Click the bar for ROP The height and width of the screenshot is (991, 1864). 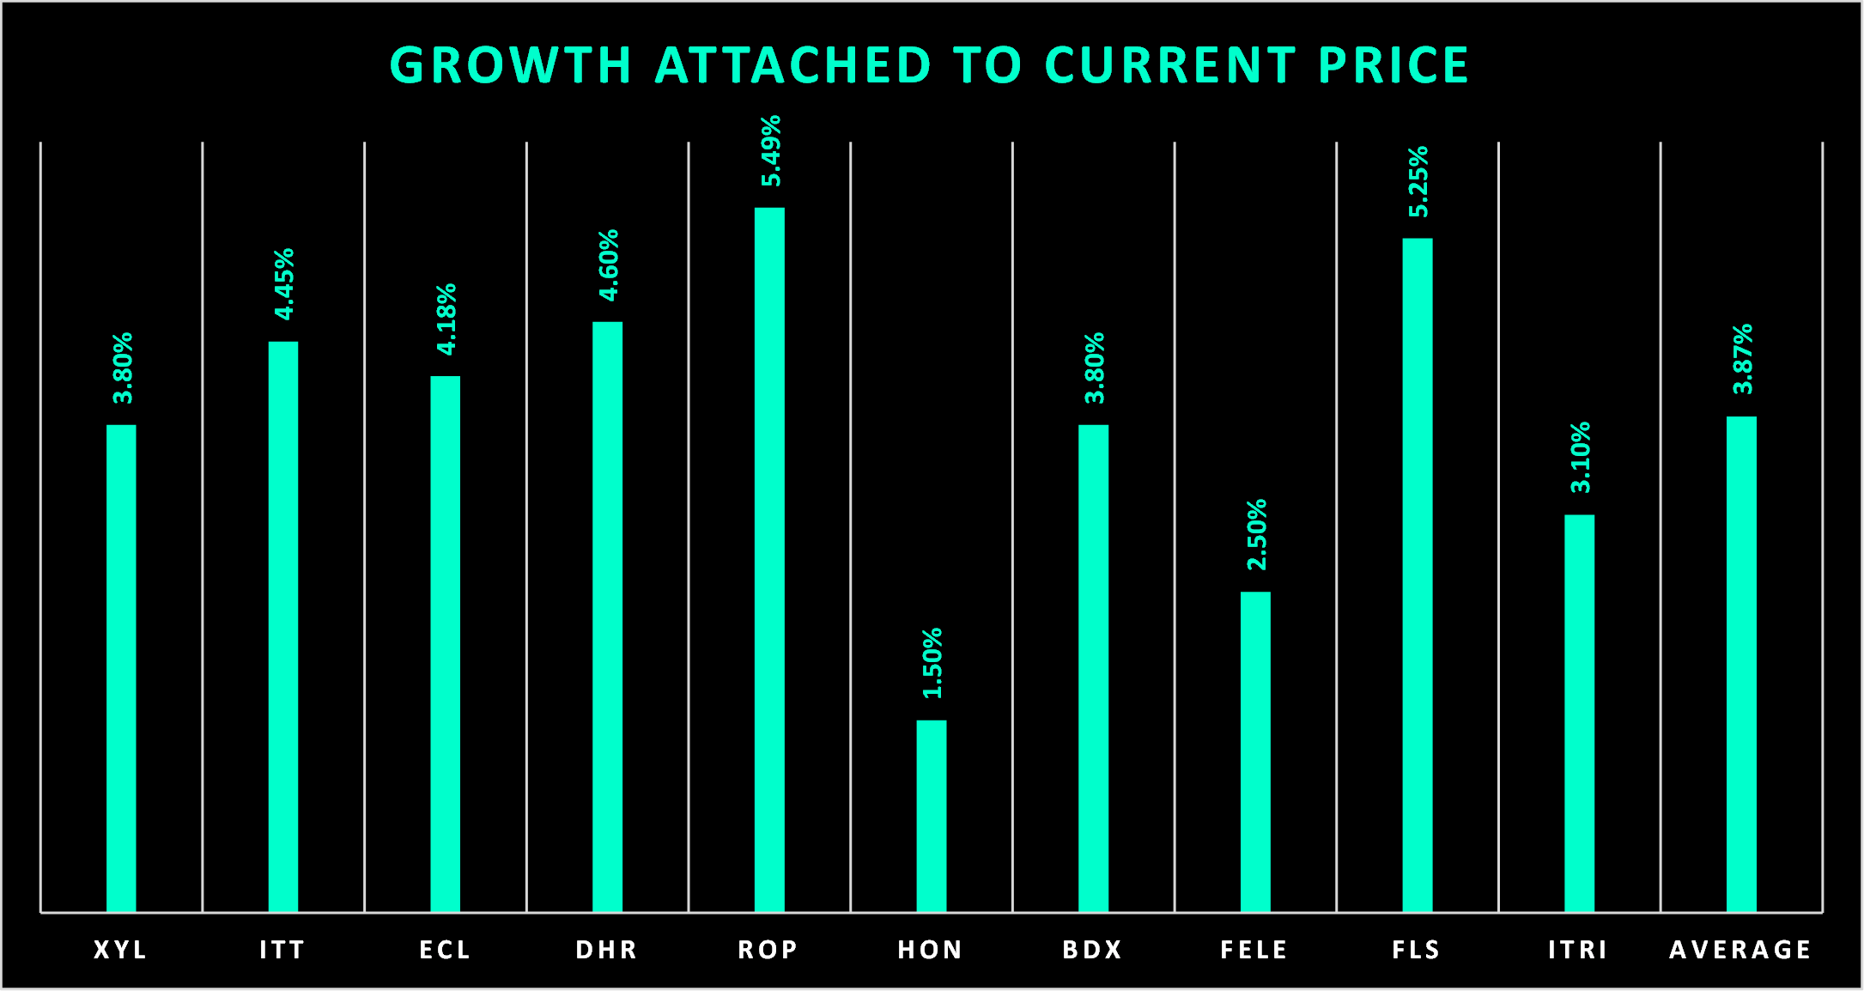pyautogui.click(x=769, y=558)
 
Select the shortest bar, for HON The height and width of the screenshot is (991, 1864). pyautogui.click(x=931, y=816)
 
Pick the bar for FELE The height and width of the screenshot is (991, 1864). pyautogui.click(x=1255, y=751)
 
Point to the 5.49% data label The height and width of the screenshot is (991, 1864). pyautogui.click(x=771, y=151)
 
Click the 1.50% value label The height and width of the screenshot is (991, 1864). pyautogui.click(x=932, y=663)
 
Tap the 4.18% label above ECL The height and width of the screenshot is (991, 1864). pyautogui.click(x=446, y=319)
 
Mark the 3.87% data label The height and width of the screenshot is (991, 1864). pyautogui.click(x=1743, y=359)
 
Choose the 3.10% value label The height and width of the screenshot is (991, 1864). pyautogui.click(x=1581, y=458)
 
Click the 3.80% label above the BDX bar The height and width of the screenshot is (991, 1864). pyautogui.click(x=1095, y=368)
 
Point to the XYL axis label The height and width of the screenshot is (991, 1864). pyautogui.click(x=121, y=950)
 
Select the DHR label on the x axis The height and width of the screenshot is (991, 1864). pyautogui.click(x=607, y=950)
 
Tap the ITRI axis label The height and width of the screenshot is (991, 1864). pyautogui.click(x=1578, y=950)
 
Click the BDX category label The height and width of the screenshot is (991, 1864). pyautogui.click(x=1093, y=950)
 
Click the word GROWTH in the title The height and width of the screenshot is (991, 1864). pyautogui.click(x=511, y=66)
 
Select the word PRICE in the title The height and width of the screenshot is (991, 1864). pyautogui.click(x=1393, y=66)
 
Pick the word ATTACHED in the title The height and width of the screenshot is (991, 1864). pyautogui.click(x=793, y=66)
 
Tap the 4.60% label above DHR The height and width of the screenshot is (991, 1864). pyautogui.click(x=609, y=265)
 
